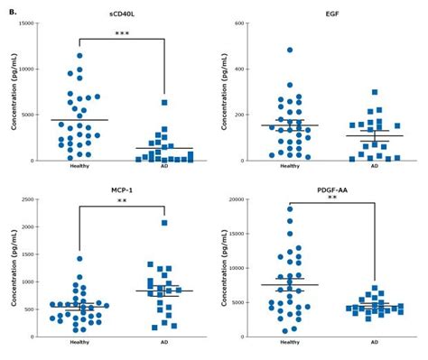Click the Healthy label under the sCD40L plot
click(79, 166)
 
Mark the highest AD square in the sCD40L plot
click(163, 103)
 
